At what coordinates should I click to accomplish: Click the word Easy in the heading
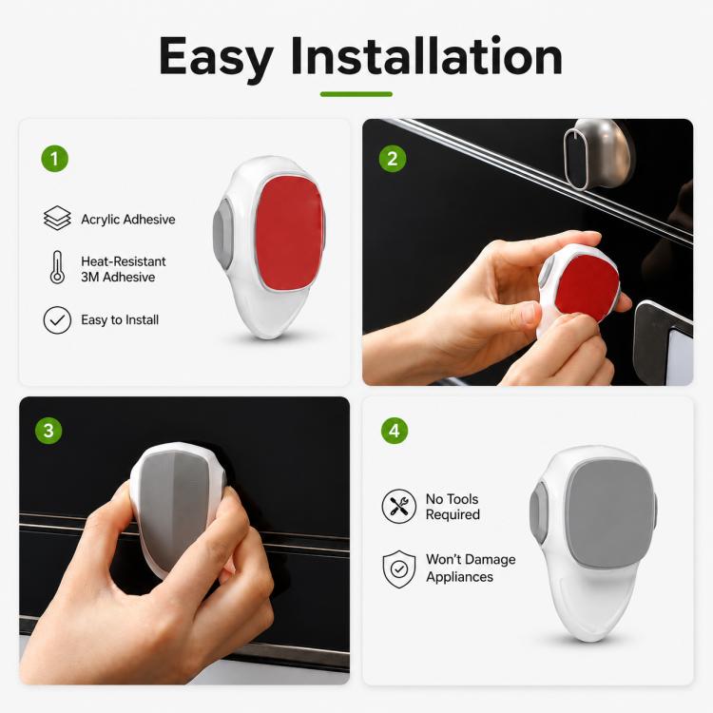tap(216, 57)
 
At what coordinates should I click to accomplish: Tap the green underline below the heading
tap(356, 94)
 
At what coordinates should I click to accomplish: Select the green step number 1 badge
tap(54, 159)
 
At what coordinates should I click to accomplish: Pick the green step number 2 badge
tap(393, 159)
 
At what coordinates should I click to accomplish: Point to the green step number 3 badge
tap(48, 431)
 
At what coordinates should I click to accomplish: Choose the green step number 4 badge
tap(395, 431)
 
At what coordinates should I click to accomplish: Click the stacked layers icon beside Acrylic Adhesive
tap(57, 218)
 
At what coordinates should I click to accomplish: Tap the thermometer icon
tap(57, 267)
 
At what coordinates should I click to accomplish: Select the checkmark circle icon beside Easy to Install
tap(57, 320)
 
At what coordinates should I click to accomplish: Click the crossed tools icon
tap(398, 506)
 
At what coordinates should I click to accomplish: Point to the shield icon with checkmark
tap(398, 568)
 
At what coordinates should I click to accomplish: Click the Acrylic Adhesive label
tap(128, 220)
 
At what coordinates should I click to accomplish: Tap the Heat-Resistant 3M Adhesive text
tap(124, 269)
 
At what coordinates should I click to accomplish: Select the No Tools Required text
tap(453, 507)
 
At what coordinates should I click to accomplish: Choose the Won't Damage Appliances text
tap(471, 568)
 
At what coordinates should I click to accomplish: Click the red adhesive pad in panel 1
tap(289, 232)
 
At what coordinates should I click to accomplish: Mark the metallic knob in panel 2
tap(598, 154)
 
